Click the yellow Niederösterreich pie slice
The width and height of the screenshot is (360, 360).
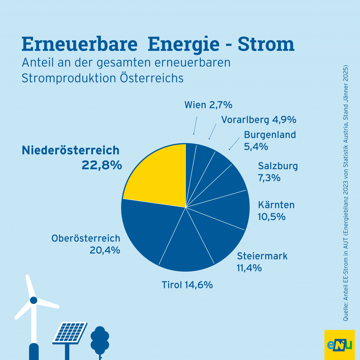pyautogui.click(x=159, y=177)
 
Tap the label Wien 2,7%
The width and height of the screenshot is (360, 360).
pyautogui.click(x=208, y=105)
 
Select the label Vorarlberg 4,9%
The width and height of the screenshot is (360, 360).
pyautogui.click(x=259, y=120)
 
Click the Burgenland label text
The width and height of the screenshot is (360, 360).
pyautogui.click(x=270, y=135)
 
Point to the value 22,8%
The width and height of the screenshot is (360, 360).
pyautogui.click(x=102, y=165)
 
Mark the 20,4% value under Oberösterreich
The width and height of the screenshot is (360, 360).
pyautogui.click(x=105, y=250)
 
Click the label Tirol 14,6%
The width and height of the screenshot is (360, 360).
pyautogui.click(x=187, y=285)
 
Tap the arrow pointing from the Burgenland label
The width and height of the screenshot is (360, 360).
pyautogui.click(x=234, y=144)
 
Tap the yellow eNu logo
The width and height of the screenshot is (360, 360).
pyautogui.click(x=339, y=344)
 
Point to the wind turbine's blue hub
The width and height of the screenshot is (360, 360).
pyautogui.click(x=34, y=300)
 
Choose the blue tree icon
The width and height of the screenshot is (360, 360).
pyautogui.click(x=100, y=340)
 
